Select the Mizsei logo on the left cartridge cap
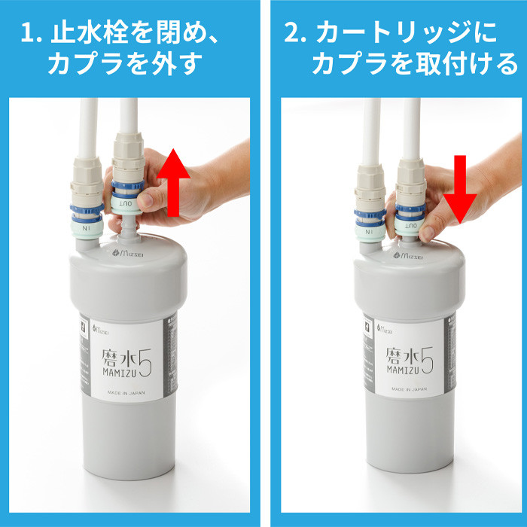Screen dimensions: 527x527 [x=129, y=255]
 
